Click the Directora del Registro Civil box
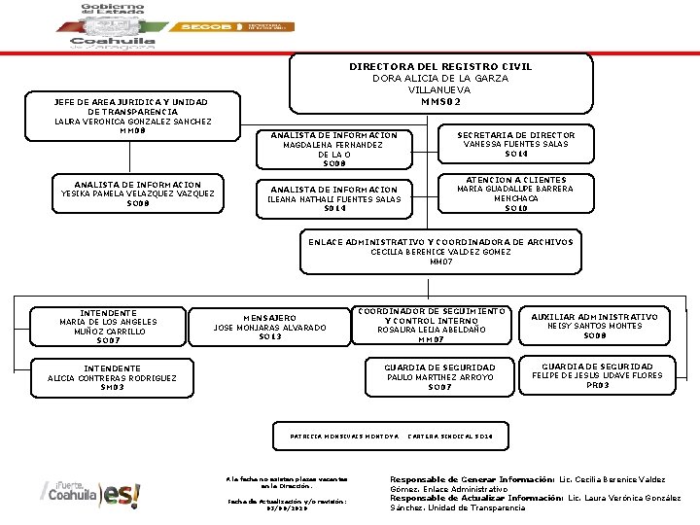[440, 84]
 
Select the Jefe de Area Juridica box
[131, 116]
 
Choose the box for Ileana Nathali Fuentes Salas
[333, 198]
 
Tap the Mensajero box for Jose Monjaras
[269, 327]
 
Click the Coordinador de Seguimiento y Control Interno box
[431, 325]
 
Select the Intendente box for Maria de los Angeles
[108, 327]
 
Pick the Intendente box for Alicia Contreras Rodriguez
[112, 377]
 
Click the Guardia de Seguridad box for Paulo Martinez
[439, 377]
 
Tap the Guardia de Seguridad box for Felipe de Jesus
[599, 375]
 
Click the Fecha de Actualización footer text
[286, 504]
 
